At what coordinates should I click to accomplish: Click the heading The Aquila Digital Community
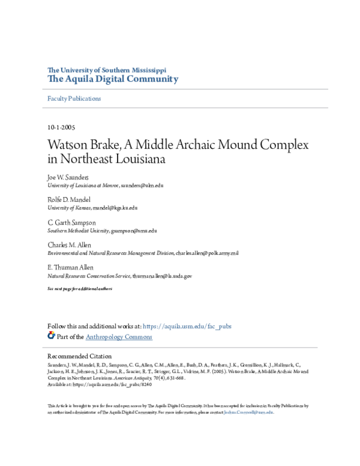(x=113, y=79)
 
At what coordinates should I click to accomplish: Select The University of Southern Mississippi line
(x=107, y=70)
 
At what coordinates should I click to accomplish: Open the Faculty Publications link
(x=74, y=98)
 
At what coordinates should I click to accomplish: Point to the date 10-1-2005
(x=61, y=128)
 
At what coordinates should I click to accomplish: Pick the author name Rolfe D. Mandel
(x=70, y=199)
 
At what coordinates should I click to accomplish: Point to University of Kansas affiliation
(x=69, y=207)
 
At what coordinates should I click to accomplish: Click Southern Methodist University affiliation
(x=78, y=231)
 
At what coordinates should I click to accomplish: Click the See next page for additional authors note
(x=80, y=289)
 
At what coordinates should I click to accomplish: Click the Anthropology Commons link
(x=119, y=337)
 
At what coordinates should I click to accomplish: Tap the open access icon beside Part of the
(x=52, y=336)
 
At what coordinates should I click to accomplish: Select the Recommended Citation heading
(x=79, y=356)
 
